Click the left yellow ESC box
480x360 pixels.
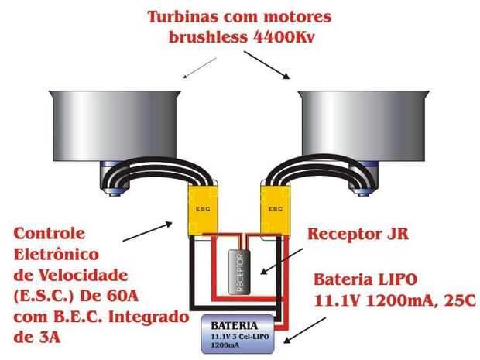[x=203, y=210]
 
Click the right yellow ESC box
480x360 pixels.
[x=275, y=210]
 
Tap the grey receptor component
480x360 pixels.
[x=239, y=273]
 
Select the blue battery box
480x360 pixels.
[x=238, y=334]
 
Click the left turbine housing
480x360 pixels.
[x=115, y=126]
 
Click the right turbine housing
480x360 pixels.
[x=364, y=126]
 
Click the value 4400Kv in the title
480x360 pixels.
[x=284, y=37]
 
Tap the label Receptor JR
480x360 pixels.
[x=358, y=234]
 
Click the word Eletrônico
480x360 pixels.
[x=57, y=254]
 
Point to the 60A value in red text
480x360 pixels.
[x=123, y=296]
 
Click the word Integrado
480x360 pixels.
[x=149, y=317]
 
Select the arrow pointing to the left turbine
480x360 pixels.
[x=200, y=68]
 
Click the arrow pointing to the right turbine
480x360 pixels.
[x=266, y=65]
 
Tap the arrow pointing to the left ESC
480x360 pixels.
[x=148, y=231]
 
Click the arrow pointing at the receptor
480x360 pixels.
[x=282, y=261]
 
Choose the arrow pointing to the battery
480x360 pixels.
[x=305, y=330]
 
